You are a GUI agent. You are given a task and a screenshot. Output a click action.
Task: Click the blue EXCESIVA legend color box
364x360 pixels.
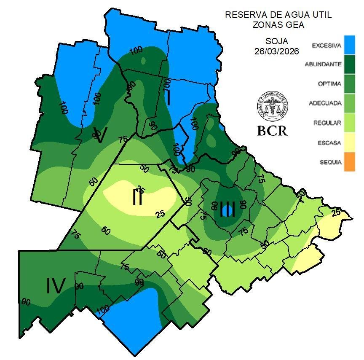click(x=349, y=45)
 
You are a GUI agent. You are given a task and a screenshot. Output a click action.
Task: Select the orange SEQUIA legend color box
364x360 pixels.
click(x=349, y=162)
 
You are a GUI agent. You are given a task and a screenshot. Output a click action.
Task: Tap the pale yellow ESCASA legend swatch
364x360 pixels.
click(x=349, y=142)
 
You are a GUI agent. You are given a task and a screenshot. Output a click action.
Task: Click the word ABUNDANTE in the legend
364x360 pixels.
click(x=323, y=64)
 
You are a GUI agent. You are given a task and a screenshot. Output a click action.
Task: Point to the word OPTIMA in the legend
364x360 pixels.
click(x=329, y=84)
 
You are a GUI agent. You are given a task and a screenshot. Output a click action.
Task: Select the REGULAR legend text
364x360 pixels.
click(x=327, y=123)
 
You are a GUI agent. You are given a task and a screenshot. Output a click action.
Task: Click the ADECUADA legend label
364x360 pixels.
click(x=324, y=103)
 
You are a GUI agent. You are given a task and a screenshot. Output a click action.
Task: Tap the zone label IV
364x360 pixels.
click(x=55, y=286)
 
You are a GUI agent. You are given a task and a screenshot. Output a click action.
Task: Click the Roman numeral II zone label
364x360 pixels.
click(x=137, y=197)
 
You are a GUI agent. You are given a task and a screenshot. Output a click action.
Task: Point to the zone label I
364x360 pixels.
click(x=168, y=98)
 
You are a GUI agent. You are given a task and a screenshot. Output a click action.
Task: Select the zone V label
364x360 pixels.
click(x=100, y=135)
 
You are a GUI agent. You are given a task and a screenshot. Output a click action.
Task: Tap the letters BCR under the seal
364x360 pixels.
click(x=272, y=131)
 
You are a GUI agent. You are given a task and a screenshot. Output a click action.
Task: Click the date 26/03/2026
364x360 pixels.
click(x=276, y=51)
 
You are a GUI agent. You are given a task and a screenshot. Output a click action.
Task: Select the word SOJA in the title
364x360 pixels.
click(x=277, y=41)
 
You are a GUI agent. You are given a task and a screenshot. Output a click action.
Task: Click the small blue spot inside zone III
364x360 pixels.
click(x=228, y=209)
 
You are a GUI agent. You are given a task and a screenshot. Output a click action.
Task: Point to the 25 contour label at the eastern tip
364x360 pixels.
click(x=336, y=212)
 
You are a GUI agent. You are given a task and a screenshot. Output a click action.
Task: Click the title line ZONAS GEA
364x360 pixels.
click(x=278, y=25)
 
